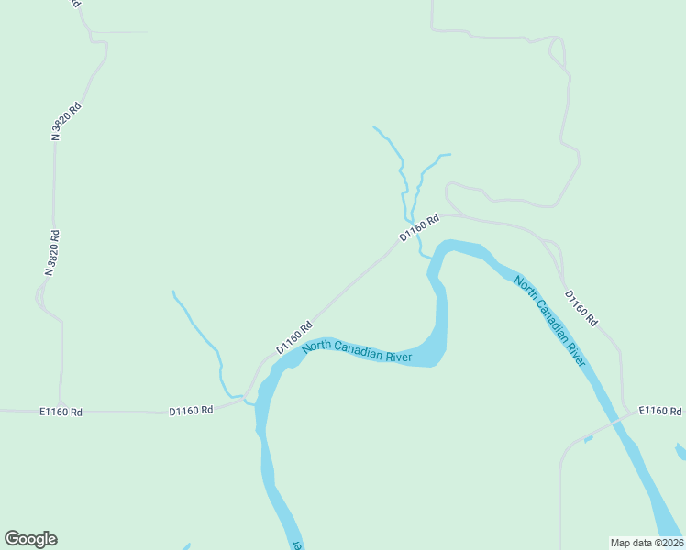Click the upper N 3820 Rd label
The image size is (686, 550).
(67, 121)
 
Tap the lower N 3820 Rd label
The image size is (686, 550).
(52, 253)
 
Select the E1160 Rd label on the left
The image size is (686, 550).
(61, 412)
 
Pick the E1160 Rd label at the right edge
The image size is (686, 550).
(660, 411)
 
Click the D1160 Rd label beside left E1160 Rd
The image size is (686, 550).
(191, 411)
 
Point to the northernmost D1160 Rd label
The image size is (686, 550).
(419, 228)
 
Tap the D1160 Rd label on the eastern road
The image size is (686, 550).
(581, 309)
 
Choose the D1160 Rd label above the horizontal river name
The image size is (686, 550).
(294, 337)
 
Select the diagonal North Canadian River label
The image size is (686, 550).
(549, 320)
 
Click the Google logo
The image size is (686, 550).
(31, 539)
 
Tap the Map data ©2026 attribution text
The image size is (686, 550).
(647, 542)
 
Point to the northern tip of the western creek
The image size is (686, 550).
(173, 291)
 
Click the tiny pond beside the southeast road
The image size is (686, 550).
(588, 439)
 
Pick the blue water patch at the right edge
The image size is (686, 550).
(680, 451)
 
